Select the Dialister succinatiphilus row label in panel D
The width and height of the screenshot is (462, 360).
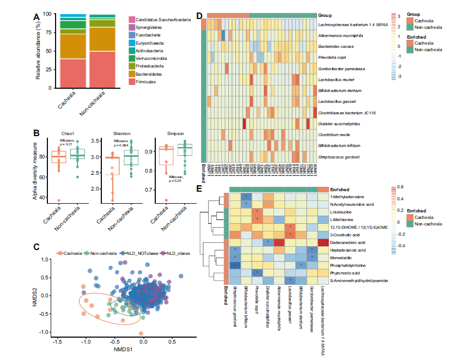[344, 124]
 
